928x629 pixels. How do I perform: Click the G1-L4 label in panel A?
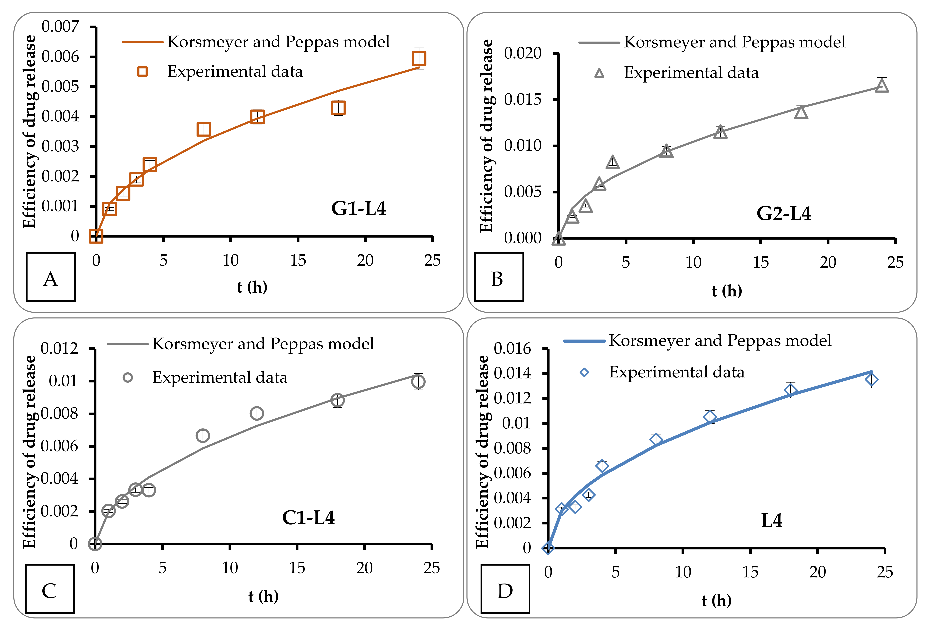point(358,208)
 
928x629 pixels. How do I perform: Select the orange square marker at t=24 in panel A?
point(419,59)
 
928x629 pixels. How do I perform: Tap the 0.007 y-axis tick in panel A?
point(60,27)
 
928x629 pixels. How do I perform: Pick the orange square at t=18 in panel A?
point(338,108)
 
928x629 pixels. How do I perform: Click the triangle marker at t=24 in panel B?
point(882,85)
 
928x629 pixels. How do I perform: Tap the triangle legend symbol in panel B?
point(599,73)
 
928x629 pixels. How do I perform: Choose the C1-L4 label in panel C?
point(308,518)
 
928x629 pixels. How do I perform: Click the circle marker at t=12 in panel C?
point(257,413)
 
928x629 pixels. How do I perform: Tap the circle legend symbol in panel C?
point(128,377)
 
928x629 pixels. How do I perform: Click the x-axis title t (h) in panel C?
point(263,596)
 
